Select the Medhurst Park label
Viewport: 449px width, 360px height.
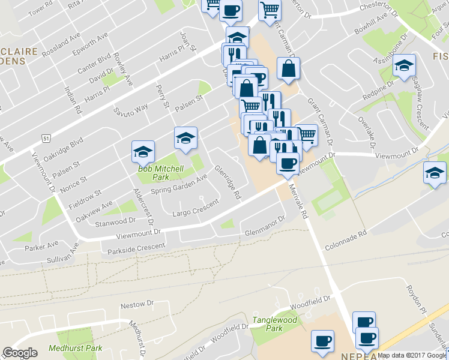[x=75, y=348]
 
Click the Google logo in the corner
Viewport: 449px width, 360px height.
[x=20, y=352]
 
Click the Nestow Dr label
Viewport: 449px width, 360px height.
[x=133, y=305]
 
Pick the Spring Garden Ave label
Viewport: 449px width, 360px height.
[x=178, y=185]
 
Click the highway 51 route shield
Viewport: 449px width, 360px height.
[x=46, y=137]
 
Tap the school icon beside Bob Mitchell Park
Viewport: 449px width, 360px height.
[x=143, y=152]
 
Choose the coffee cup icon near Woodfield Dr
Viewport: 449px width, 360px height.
[x=322, y=340]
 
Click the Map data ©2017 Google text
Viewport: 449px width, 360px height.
[x=412, y=355]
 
